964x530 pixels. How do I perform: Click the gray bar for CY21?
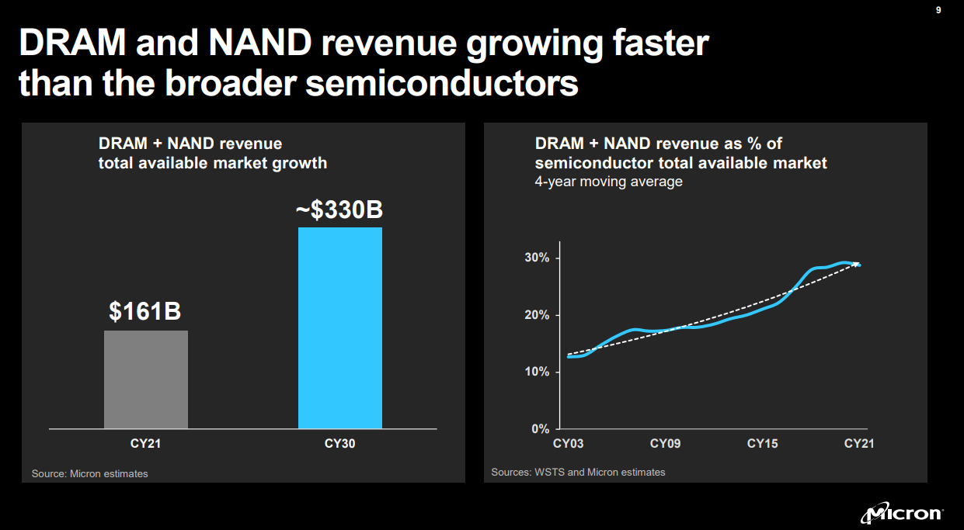[x=146, y=379]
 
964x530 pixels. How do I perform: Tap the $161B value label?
[x=145, y=312]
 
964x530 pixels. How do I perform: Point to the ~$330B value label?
[x=340, y=210]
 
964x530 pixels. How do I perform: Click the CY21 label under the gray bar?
[x=145, y=444]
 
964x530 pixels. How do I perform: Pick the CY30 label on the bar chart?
[x=340, y=444]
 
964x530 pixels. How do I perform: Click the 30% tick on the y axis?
[x=536, y=258]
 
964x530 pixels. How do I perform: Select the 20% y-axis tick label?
[x=536, y=315]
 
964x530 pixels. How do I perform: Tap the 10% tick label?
[x=536, y=372]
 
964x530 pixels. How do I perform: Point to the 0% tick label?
[x=540, y=429]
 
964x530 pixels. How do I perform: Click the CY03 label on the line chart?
[x=568, y=444]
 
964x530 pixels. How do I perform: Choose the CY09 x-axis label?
[x=665, y=444]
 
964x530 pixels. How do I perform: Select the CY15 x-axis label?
[x=762, y=444]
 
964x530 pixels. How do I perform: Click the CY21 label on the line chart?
[x=859, y=444]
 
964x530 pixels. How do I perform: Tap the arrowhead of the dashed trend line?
[x=857, y=265]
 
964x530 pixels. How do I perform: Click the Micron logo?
[x=902, y=513]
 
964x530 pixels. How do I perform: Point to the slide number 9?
[x=938, y=10]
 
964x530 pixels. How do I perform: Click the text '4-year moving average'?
[x=608, y=182]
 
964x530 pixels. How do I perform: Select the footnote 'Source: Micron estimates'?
[x=89, y=473]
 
